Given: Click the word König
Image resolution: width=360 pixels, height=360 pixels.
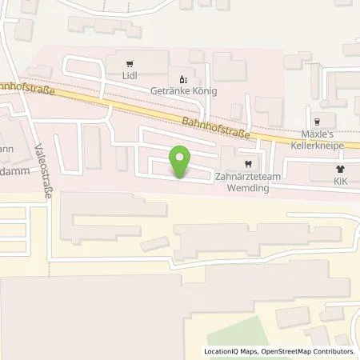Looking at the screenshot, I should click(204, 92).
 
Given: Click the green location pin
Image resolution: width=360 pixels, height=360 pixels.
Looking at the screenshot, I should click(181, 162).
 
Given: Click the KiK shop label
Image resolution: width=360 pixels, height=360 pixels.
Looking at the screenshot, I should click(340, 182).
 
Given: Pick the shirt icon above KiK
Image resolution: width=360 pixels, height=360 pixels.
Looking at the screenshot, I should click(340, 170).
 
